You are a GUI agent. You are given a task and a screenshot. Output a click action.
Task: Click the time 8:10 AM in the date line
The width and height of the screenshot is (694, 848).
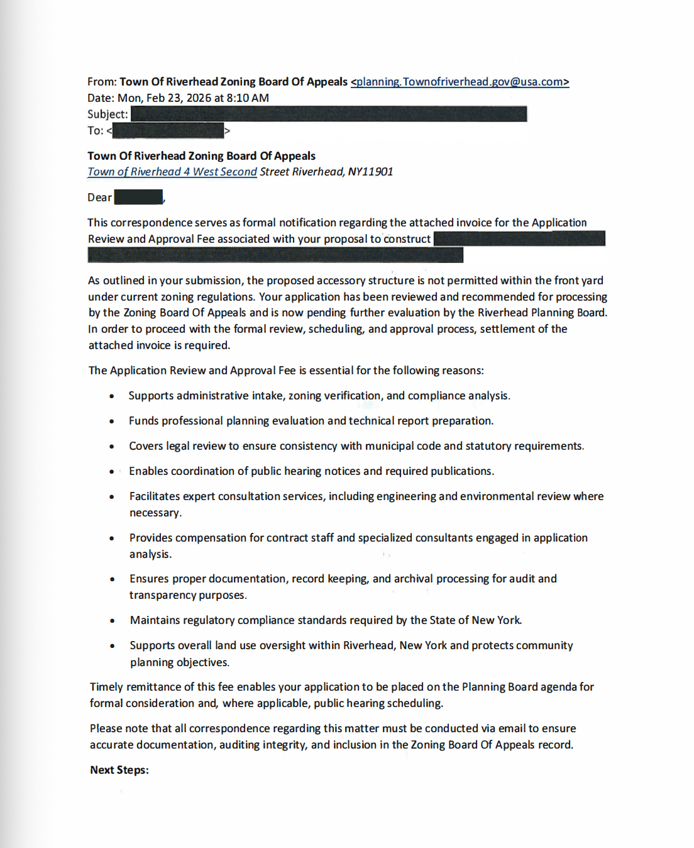[x=248, y=98]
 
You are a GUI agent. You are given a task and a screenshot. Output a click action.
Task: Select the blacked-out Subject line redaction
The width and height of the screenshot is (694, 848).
[x=329, y=114]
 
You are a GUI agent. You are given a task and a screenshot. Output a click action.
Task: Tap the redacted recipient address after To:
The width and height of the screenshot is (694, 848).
[x=168, y=131]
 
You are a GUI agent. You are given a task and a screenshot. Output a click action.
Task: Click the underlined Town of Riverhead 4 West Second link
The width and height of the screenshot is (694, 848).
[x=172, y=172]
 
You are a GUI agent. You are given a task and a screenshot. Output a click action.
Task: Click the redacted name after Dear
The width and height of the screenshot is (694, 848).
[x=138, y=198]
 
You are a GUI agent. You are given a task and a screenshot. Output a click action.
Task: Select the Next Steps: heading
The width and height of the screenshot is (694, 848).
[x=119, y=770]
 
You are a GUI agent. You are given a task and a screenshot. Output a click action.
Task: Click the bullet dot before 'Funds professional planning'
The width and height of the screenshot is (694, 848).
[x=112, y=421]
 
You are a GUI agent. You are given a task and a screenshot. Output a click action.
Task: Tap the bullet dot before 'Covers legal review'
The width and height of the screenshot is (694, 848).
[x=112, y=447]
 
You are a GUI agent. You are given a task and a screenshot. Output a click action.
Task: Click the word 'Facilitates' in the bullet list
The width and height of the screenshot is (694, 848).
[x=155, y=496]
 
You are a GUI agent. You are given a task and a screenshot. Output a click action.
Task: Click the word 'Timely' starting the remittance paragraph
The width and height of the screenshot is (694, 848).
[x=106, y=687]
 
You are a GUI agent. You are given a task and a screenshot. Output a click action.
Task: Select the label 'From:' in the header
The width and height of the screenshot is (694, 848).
[x=102, y=82]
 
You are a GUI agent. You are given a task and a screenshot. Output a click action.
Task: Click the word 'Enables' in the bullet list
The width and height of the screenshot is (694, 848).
[x=148, y=471]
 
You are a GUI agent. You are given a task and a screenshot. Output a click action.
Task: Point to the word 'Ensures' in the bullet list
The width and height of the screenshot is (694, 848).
[x=150, y=579]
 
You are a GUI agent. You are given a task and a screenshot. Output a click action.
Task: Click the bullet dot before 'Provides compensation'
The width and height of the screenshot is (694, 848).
[x=112, y=538]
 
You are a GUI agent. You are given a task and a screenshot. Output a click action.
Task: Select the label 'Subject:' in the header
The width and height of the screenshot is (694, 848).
[x=107, y=114]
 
